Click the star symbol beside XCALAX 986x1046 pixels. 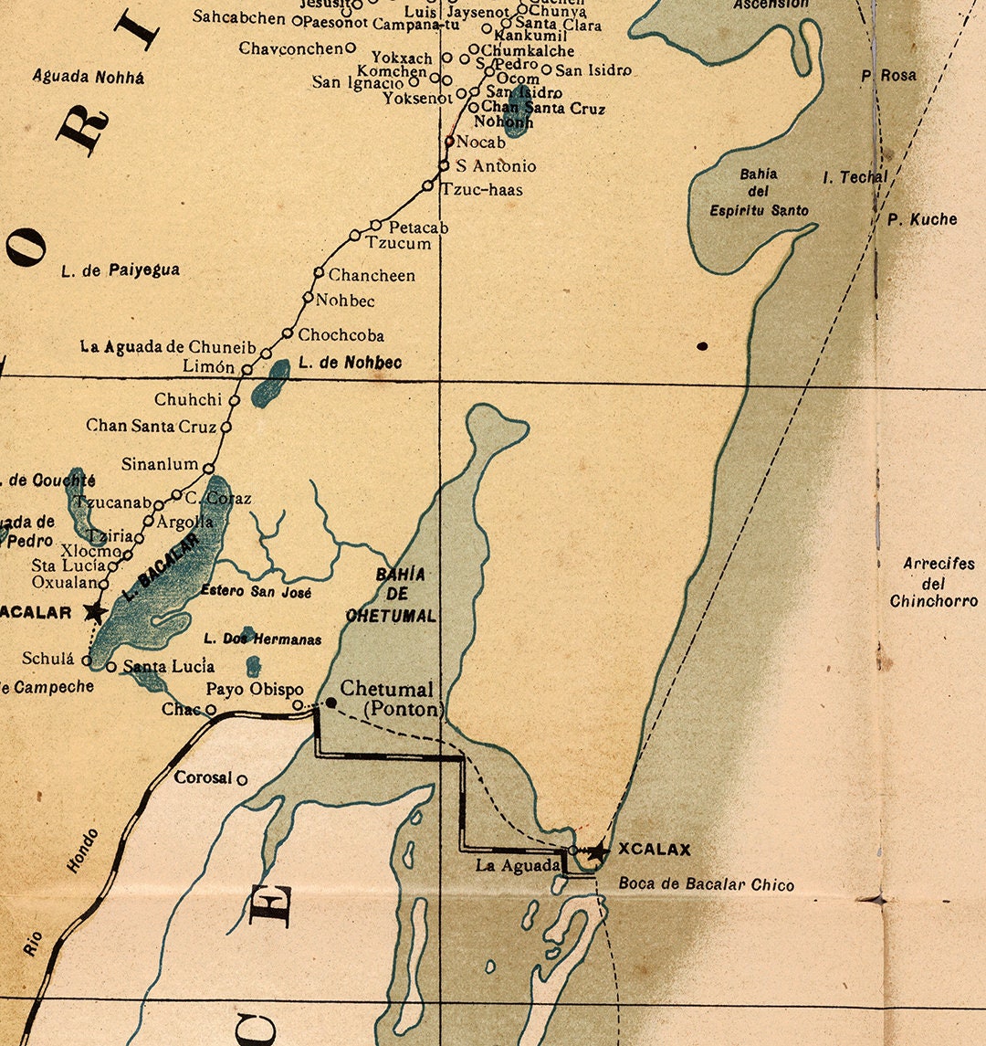pyautogui.click(x=596, y=851)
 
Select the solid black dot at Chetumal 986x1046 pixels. pyautogui.click(x=330, y=702)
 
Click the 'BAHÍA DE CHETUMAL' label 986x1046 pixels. pyautogui.click(x=393, y=595)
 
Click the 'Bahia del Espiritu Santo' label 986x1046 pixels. pyautogui.click(x=759, y=192)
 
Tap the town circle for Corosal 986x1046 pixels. pyautogui.click(x=242, y=780)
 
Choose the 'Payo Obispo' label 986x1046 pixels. pyautogui.click(x=254, y=689)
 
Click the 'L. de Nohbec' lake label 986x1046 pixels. pyautogui.click(x=350, y=363)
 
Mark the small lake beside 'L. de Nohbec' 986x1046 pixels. pyautogui.click(x=270, y=383)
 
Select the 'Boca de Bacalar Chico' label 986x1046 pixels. pyautogui.click(x=706, y=884)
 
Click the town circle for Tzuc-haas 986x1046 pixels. pyautogui.click(x=427, y=185)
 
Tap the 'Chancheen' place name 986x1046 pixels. pyautogui.click(x=372, y=275)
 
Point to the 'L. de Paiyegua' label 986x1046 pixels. pyautogui.click(x=121, y=270)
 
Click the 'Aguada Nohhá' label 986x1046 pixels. pyautogui.click(x=89, y=77)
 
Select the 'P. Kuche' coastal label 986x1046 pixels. pyautogui.click(x=922, y=219)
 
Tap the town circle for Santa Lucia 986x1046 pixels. pyautogui.click(x=111, y=668)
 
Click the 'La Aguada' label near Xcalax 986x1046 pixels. pyautogui.click(x=517, y=865)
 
